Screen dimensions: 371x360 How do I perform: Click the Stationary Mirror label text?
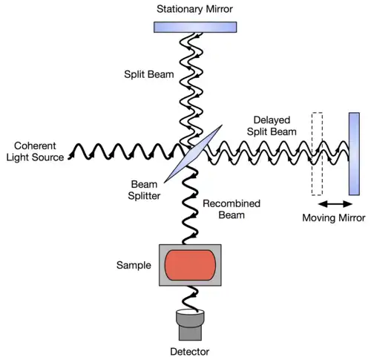coord(194,9)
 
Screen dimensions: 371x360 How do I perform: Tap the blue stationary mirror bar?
coord(195,27)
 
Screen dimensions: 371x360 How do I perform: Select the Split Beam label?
coord(149,74)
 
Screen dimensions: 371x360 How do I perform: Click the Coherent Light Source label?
coord(35,151)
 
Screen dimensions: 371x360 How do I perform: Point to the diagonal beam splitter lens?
coord(193,154)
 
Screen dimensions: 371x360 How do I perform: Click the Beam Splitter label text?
coord(144,190)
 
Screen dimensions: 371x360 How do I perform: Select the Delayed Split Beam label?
coord(272,125)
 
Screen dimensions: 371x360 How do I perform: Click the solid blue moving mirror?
coord(354,154)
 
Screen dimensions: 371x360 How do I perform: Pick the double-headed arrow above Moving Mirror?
coord(335,204)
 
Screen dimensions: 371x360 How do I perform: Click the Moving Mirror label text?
coord(334,217)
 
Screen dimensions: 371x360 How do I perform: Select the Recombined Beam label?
coord(232,209)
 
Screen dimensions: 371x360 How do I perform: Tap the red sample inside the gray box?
coord(190,265)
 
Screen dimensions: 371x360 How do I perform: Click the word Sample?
coord(134,265)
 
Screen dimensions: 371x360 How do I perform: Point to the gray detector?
coord(190,325)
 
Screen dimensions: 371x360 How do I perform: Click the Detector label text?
coord(190,352)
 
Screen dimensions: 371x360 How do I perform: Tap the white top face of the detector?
coord(190,312)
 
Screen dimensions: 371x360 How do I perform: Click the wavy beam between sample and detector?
coord(190,298)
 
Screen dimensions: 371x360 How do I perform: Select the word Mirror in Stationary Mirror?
coord(219,9)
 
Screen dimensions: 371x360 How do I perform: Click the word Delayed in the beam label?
coord(272,120)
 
